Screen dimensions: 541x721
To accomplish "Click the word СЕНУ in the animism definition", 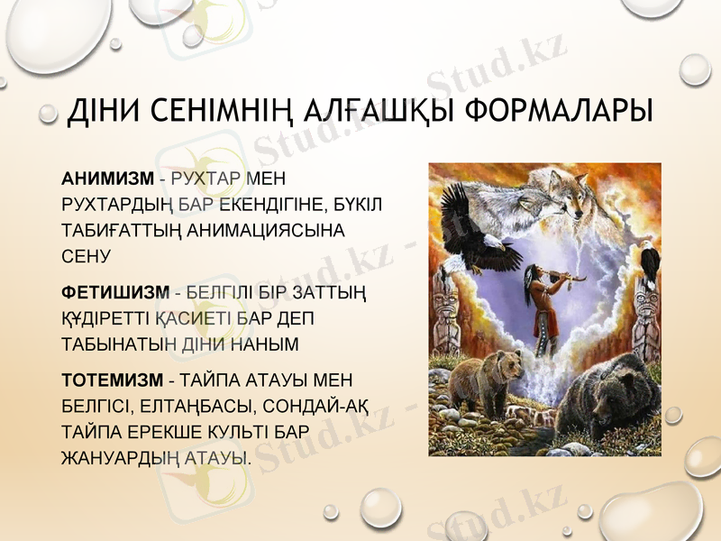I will click(x=86, y=257).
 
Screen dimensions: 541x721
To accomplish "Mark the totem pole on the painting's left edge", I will click(x=443, y=316).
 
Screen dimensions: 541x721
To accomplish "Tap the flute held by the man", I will click(x=573, y=270).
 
